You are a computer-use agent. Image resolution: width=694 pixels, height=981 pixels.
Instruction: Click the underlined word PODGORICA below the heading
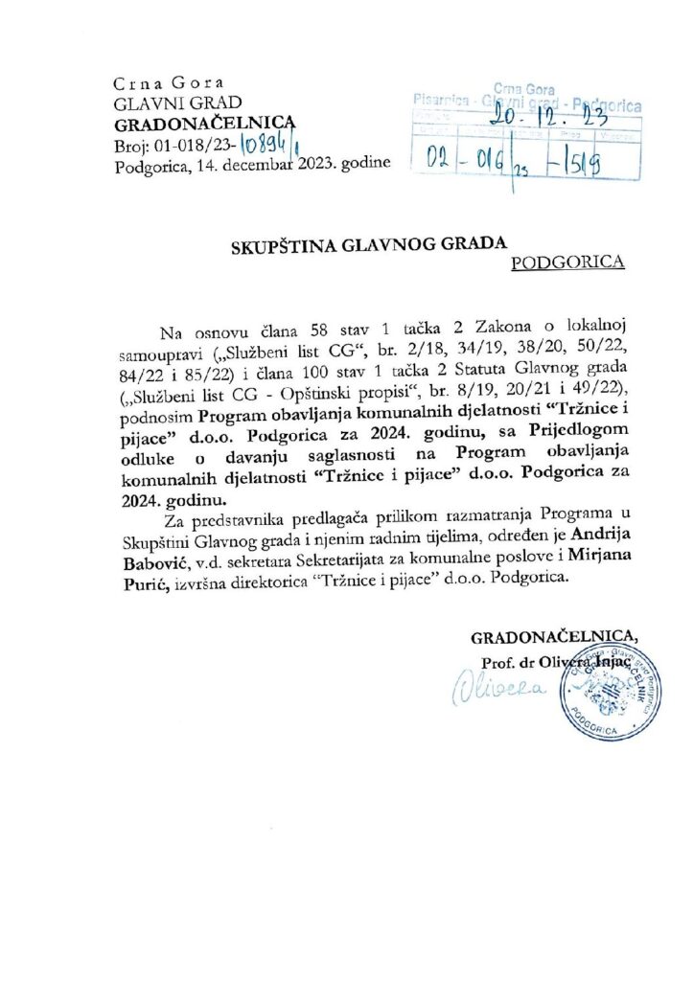(x=569, y=262)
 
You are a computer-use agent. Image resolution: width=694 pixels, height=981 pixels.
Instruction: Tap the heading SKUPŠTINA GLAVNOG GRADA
(x=368, y=245)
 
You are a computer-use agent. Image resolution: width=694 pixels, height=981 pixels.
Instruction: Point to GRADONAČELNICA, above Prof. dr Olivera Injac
(x=552, y=637)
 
